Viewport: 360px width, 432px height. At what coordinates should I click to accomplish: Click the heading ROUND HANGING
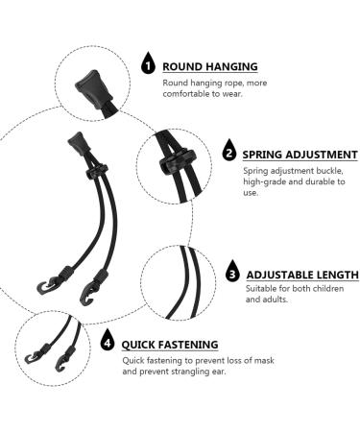pyautogui.click(x=209, y=66)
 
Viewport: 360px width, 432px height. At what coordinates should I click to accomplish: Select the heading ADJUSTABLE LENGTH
pyautogui.click(x=295, y=273)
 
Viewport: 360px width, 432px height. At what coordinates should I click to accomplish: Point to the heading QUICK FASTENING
pyautogui.click(x=170, y=344)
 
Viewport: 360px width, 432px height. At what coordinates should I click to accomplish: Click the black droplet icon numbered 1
pyautogui.click(x=147, y=65)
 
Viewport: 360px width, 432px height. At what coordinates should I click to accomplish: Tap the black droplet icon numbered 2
pyautogui.click(x=228, y=153)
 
